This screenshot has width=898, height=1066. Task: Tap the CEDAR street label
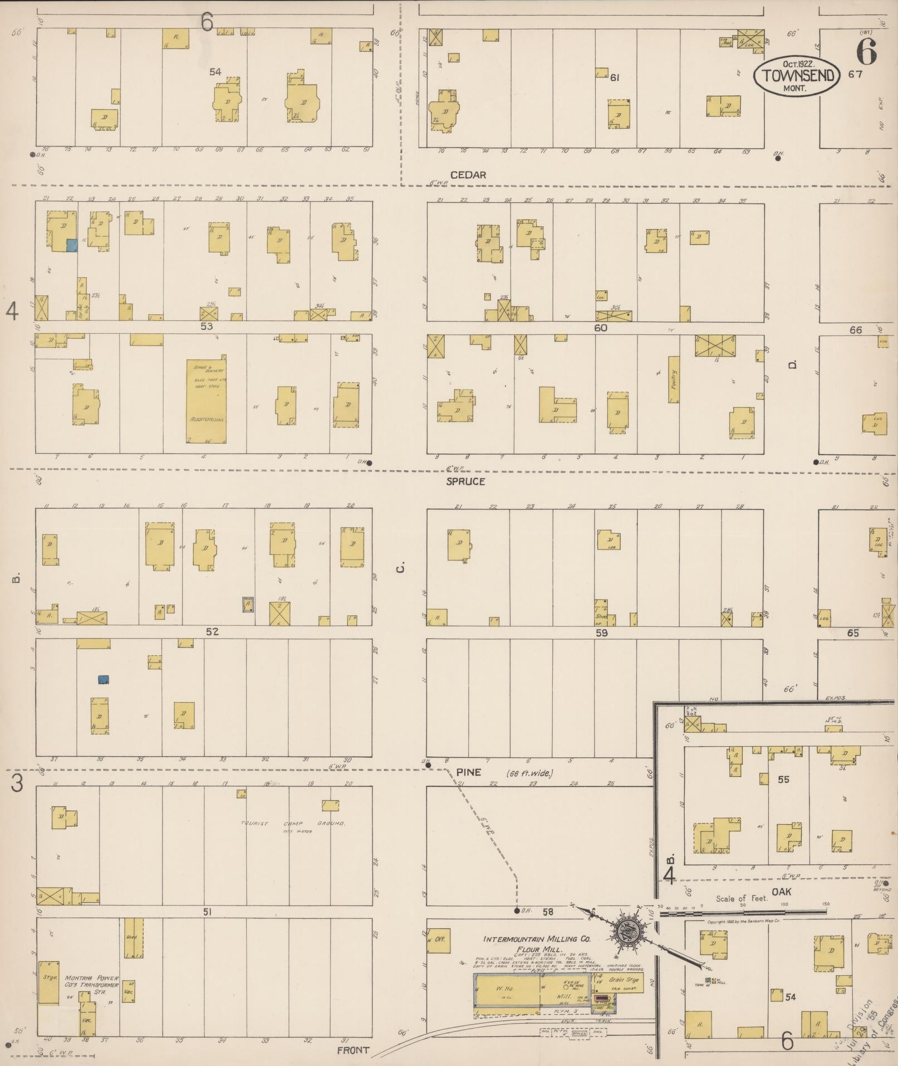tap(468, 175)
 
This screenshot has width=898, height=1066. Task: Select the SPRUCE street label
tap(466, 481)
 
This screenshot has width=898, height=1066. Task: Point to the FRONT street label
tap(353, 1050)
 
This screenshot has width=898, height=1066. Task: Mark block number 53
tap(207, 326)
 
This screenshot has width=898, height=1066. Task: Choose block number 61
tap(615, 77)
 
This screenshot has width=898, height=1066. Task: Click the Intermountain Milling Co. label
tap(534, 938)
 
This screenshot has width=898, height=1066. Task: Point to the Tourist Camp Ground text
tap(292, 823)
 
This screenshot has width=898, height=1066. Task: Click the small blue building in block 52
tap(103, 679)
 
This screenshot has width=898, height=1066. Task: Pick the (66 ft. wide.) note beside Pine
tap(529, 773)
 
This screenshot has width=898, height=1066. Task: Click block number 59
tap(601, 632)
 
